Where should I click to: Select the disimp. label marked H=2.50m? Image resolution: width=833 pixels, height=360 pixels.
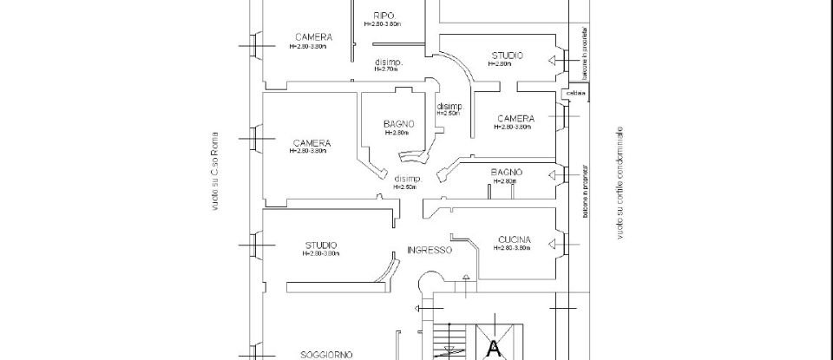click(x=450, y=107)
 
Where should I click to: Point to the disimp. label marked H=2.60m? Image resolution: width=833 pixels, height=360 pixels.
click(x=406, y=180)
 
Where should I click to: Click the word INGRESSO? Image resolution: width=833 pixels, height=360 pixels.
click(x=430, y=250)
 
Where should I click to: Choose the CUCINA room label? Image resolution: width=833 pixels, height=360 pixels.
click(x=515, y=239)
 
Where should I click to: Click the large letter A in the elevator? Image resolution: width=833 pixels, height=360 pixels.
click(x=495, y=349)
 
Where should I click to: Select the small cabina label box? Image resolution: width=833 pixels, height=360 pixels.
click(x=575, y=93)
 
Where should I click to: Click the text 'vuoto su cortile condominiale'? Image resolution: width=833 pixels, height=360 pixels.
click(x=620, y=185)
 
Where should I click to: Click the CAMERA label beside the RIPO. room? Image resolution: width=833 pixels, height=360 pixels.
click(x=312, y=37)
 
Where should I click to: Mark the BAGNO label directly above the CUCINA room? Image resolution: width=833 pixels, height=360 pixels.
click(x=505, y=172)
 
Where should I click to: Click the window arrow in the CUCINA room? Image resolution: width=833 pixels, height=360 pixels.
click(x=552, y=244)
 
